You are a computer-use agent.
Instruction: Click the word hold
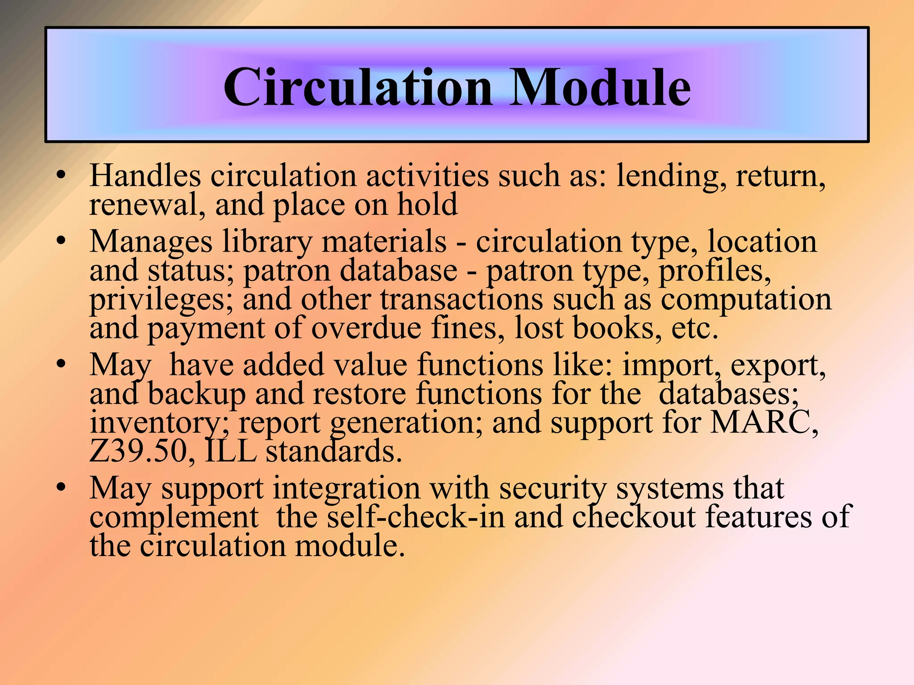pyautogui.click(x=427, y=205)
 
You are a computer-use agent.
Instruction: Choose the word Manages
pyautogui.click(x=151, y=242)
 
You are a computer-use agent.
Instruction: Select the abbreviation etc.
pyautogui.click(x=694, y=329)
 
